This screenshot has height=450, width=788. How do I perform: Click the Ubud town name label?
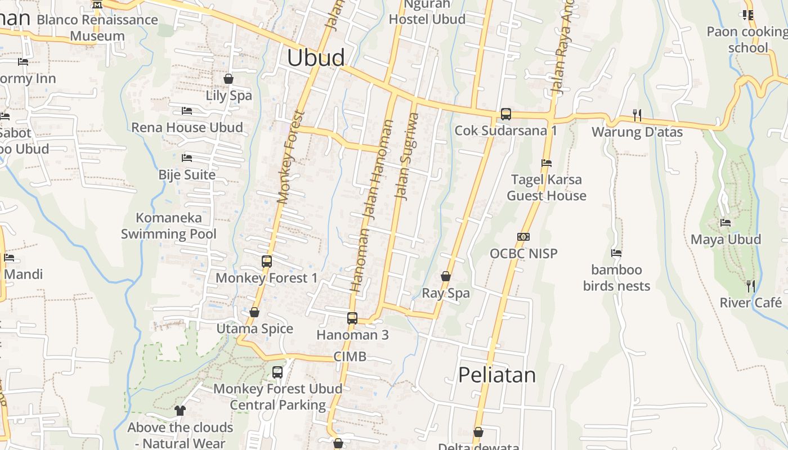tap(316, 58)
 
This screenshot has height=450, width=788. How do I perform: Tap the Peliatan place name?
tap(497, 375)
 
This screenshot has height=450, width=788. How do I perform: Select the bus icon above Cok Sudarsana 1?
tap(506, 114)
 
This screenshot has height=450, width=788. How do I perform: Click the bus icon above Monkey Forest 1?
tap(267, 262)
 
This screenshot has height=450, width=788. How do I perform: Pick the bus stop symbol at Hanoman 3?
tap(352, 318)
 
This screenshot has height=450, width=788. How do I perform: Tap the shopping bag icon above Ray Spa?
tap(446, 276)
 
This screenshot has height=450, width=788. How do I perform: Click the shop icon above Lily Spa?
tap(229, 79)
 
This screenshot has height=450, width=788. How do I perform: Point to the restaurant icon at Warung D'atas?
tap(637, 115)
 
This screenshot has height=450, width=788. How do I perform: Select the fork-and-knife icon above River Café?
tap(751, 286)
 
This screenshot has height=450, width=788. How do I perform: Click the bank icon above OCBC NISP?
tap(523, 237)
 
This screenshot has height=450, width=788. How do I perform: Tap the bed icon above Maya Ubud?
tap(726, 223)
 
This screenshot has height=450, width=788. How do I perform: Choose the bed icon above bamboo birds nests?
tap(616, 253)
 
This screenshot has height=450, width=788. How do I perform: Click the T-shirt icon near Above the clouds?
tap(180, 411)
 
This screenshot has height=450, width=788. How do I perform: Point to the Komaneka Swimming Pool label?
tap(169, 226)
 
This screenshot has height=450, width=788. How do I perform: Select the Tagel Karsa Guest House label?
tap(547, 188)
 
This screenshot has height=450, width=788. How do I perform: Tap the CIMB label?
tap(350, 356)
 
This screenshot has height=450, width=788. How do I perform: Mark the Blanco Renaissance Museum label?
tap(97, 28)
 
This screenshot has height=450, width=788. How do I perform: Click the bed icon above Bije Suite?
tap(187, 158)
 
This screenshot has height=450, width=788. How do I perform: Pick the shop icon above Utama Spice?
tap(254, 312)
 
